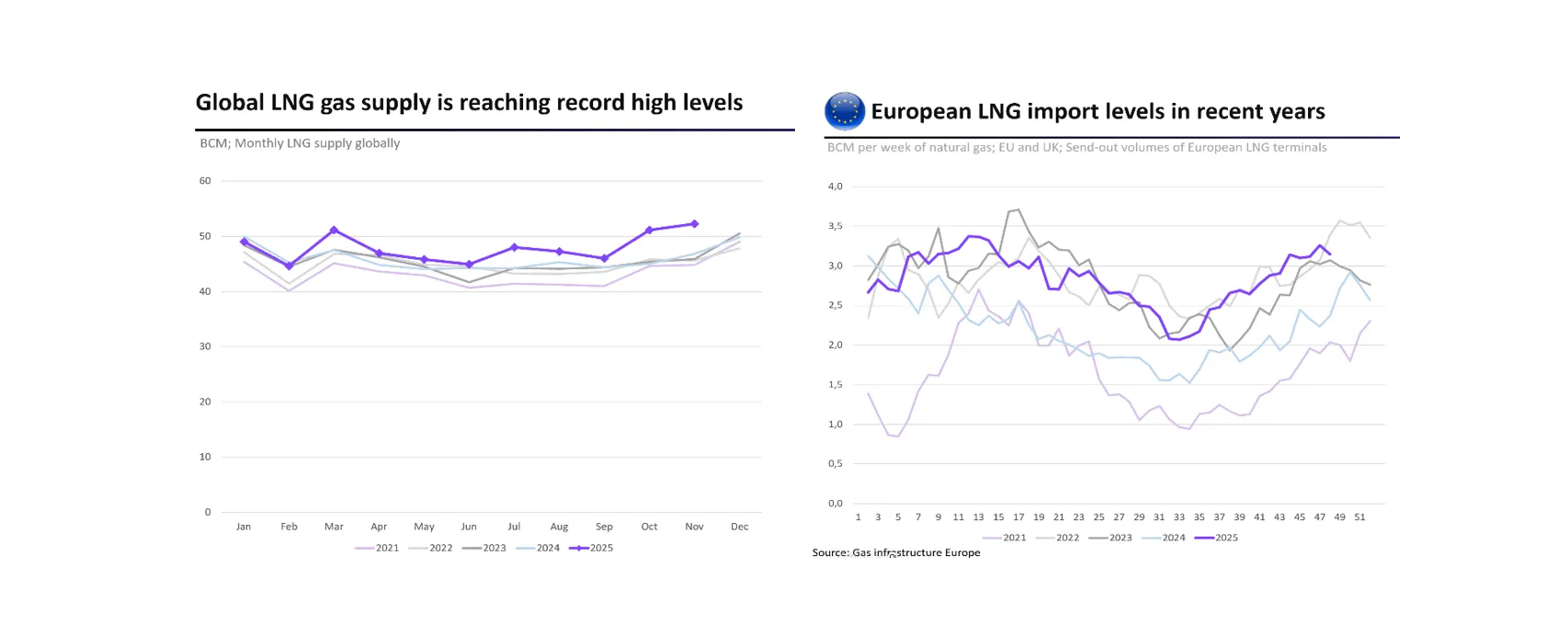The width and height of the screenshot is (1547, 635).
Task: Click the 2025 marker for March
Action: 334,230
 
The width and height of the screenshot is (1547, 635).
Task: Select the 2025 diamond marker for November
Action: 694,223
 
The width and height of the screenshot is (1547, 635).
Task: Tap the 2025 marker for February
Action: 289,266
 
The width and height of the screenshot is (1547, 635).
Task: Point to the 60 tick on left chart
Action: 205,181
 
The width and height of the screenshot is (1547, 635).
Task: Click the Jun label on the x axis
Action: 469,527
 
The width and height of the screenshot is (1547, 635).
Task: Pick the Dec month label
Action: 739,527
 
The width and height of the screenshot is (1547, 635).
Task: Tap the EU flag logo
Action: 844,111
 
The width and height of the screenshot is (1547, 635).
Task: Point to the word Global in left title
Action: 230,102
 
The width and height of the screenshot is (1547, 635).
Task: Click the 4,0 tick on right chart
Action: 835,187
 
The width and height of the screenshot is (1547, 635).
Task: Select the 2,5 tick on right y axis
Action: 835,305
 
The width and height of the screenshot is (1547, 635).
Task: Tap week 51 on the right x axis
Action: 1359,517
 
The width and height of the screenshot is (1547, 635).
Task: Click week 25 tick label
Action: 1098,517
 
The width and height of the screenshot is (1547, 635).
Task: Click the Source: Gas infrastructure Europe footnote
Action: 896,552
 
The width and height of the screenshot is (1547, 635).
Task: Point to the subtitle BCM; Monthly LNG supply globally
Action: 300,143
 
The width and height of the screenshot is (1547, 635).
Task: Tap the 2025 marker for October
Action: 649,230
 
